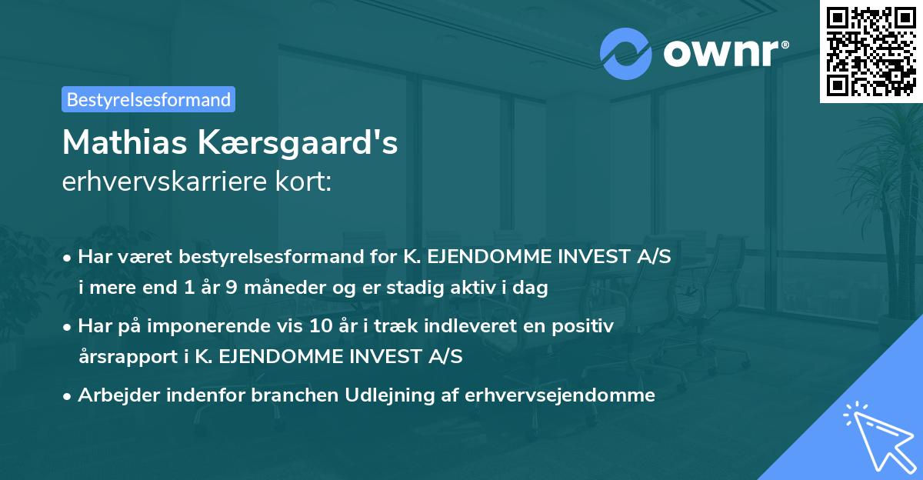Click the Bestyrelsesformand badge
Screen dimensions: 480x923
click(148, 99)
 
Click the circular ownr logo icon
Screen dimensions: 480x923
click(625, 53)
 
